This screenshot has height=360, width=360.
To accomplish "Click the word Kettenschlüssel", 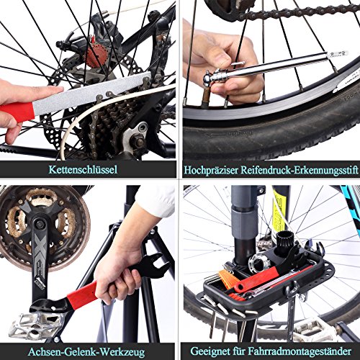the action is (83, 170).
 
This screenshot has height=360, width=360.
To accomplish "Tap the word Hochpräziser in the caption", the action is (211, 170).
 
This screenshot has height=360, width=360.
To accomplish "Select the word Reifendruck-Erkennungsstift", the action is (299, 170).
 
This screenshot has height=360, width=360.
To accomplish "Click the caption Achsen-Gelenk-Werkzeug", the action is (86, 352).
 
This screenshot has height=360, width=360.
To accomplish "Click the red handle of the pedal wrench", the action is (84, 296).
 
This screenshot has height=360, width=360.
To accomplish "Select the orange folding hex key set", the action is (228, 280).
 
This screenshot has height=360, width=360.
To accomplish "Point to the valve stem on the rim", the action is (206, 96).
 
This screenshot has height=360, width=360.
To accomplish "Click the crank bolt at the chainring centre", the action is (39, 225).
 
